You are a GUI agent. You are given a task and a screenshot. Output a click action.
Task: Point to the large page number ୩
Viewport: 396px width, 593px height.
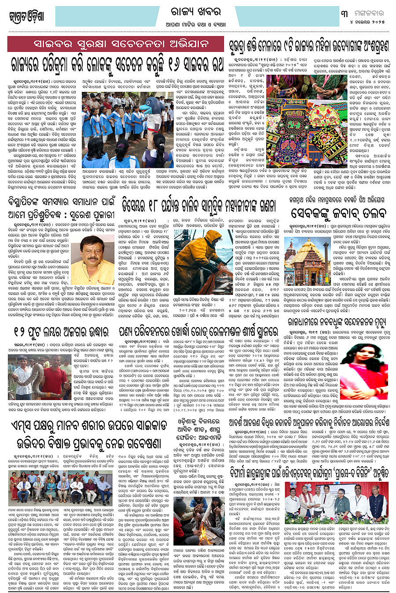(345, 13)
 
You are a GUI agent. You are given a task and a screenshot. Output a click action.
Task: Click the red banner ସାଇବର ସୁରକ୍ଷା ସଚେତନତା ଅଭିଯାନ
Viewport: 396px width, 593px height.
(115, 44)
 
